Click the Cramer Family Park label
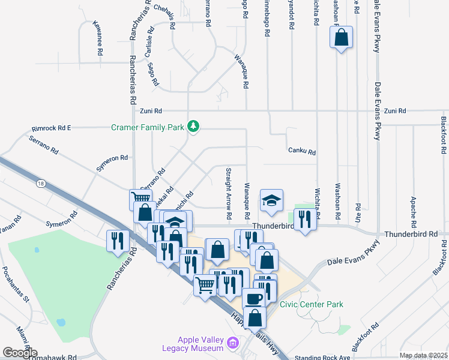pyautogui.click(x=148, y=127)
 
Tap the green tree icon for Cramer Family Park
pyautogui.click(x=193, y=126)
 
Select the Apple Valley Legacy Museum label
pyautogui.click(x=193, y=344)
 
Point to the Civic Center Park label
pyautogui.click(x=312, y=304)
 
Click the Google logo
pyautogui.click(x=19, y=353)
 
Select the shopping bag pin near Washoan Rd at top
pyautogui.click(x=341, y=38)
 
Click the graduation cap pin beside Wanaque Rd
pyautogui.click(x=271, y=200)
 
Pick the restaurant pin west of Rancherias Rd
pyautogui.click(x=116, y=241)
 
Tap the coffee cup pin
pyautogui.click(x=253, y=299)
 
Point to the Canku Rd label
pyautogui.click(x=301, y=152)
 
